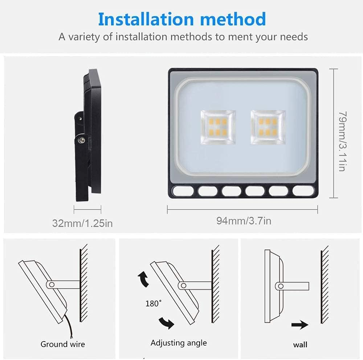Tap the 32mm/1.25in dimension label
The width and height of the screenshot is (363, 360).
tap(82, 223)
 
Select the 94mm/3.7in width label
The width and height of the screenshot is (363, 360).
tap(244, 220)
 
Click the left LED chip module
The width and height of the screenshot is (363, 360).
tap(218, 127)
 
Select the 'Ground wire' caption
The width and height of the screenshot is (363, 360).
tap(63, 344)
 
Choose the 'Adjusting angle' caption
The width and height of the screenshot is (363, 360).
tap(179, 343)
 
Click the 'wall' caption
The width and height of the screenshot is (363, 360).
tap(300, 344)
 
